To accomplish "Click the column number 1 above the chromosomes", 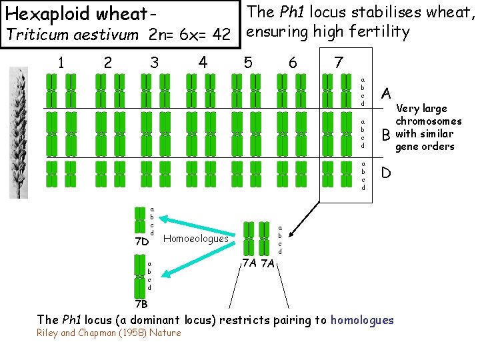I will tap(61, 63).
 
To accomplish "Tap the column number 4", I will tap(203, 63).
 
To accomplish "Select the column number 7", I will tap(339, 63).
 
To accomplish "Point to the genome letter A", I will tap(386, 91).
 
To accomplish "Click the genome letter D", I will tap(386, 173).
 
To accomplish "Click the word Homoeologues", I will tap(195, 238).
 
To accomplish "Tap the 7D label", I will tap(140, 241).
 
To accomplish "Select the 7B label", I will tap(139, 304).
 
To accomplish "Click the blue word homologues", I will tap(362, 320).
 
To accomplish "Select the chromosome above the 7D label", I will tap(140, 221).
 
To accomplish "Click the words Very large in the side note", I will tap(422, 109).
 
